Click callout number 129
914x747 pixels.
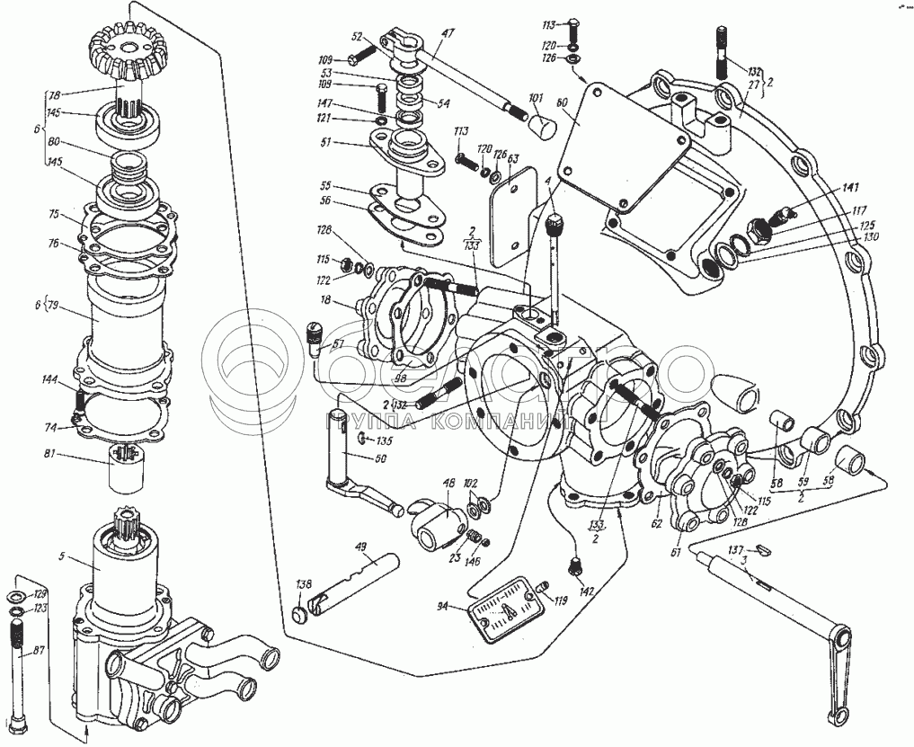[x=41, y=595]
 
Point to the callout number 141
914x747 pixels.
[x=851, y=188]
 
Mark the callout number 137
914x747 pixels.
[x=734, y=549]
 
